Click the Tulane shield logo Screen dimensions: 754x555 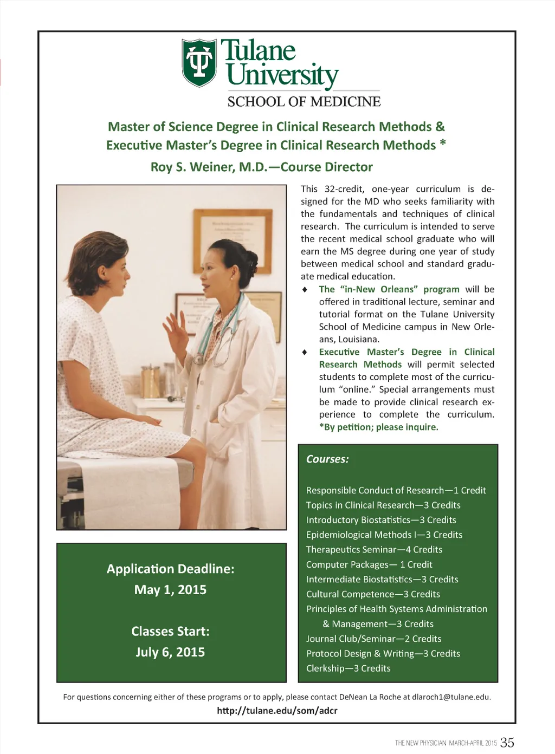(x=199, y=62)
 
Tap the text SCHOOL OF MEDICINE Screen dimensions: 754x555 (x=304, y=102)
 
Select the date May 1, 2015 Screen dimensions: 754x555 (x=170, y=590)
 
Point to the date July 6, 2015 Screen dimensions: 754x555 (x=170, y=652)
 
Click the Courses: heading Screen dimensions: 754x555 (x=327, y=459)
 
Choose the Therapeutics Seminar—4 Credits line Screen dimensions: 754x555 (x=374, y=550)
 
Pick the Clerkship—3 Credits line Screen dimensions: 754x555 (x=348, y=668)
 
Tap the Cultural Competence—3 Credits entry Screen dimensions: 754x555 (x=373, y=594)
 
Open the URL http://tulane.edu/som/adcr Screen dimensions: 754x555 (x=277, y=711)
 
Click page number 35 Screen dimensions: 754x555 (x=507, y=743)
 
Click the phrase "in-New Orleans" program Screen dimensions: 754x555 (x=389, y=289)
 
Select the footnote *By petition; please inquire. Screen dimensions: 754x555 (x=378, y=427)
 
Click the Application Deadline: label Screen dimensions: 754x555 (x=170, y=569)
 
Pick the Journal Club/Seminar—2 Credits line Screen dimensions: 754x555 (x=373, y=639)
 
